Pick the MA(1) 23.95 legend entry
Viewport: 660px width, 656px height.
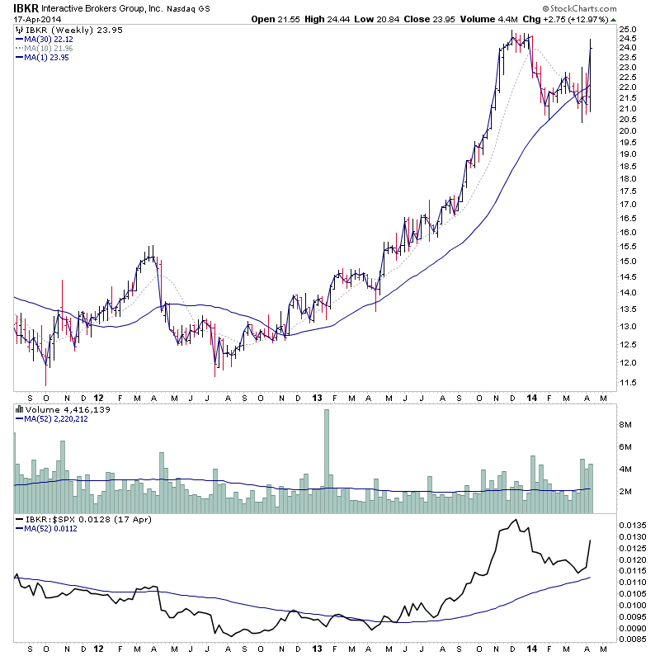[x=46, y=57]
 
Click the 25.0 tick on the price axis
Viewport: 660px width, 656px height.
[x=629, y=30]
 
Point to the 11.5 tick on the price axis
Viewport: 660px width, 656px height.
[x=628, y=383]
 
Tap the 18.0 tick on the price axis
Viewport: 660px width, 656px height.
[x=628, y=177]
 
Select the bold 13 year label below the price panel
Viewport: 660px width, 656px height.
[x=316, y=397]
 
